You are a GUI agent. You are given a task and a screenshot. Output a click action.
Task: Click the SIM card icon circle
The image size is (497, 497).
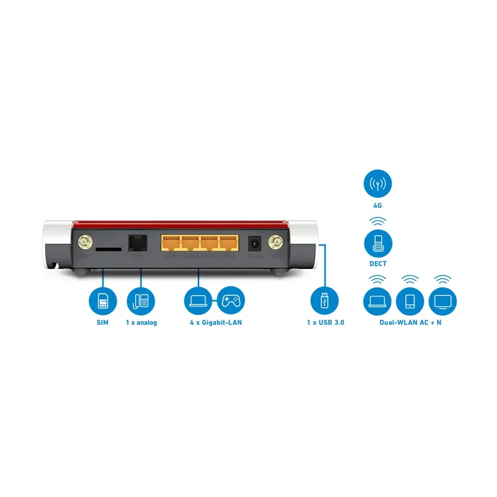point(102,301)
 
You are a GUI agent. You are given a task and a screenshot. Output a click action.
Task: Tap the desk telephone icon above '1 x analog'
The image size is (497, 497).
point(140,301)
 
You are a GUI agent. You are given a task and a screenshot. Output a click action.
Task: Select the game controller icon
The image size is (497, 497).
point(231,301)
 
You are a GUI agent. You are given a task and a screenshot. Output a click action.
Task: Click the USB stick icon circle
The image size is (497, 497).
point(324,301)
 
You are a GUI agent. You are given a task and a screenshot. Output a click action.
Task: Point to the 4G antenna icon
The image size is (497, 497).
point(378,184)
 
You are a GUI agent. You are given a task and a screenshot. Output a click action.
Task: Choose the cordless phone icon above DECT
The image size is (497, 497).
point(378,244)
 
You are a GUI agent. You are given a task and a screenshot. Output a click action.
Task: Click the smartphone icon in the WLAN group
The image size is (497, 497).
point(410,301)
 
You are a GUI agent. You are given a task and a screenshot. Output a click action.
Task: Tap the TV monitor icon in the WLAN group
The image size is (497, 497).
point(443,301)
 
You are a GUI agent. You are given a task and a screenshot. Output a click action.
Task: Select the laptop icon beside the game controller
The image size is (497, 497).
point(198,301)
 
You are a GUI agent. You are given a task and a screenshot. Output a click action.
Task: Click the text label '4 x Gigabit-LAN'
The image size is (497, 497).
point(216,323)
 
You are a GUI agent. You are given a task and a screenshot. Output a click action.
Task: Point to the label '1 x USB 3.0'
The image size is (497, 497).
point(325,323)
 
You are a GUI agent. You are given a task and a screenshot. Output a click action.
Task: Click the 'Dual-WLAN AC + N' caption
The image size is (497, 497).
point(410,323)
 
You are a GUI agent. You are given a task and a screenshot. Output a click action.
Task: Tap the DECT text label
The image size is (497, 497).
point(378,264)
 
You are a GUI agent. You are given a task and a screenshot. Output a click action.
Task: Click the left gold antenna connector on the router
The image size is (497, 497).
point(85,242)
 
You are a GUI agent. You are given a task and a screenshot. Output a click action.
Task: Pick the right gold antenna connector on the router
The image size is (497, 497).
point(275,243)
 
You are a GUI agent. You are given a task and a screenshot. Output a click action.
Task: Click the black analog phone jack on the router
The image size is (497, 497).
point(138,243)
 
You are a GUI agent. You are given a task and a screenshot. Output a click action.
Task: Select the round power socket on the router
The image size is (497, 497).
point(255,244)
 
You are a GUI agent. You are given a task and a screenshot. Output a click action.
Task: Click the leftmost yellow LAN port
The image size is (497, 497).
point(171,243)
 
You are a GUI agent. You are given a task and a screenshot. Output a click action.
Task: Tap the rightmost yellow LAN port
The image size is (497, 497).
point(229,243)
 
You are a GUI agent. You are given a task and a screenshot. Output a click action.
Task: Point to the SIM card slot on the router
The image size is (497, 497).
point(109,249)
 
